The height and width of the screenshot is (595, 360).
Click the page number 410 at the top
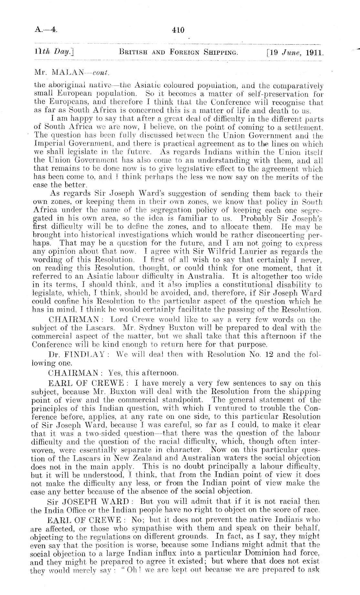click(178, 30)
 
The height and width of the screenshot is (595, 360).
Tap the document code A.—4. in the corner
click(46, 30)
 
